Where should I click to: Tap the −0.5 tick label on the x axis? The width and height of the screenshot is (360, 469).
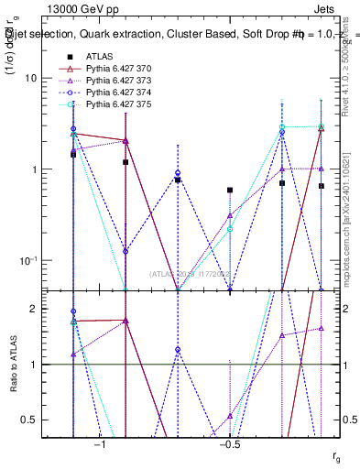click(229, 446)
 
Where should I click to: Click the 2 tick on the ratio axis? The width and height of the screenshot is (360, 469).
click(34, 310)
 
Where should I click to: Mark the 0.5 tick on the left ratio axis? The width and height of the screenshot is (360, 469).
click(30, 420)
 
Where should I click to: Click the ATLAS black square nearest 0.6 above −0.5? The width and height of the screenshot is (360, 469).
click(230, 190)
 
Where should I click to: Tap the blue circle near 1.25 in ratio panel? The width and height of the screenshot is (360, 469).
click(178, 350)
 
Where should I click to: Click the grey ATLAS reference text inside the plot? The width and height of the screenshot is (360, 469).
click(189, 274)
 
